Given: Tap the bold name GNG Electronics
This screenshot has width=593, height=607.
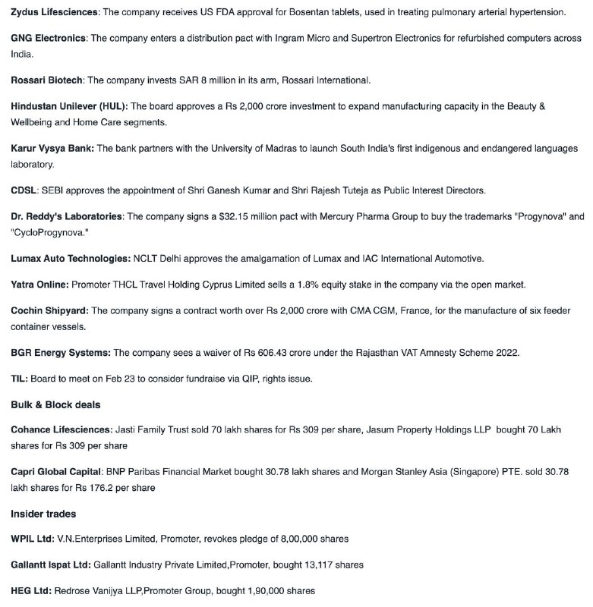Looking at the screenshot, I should click(49, 38).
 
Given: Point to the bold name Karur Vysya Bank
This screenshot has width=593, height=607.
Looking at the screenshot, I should click(52, 148).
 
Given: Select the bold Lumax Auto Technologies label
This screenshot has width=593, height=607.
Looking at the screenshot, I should click(70, 258).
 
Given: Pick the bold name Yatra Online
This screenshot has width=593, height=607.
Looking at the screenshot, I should click(39, 285).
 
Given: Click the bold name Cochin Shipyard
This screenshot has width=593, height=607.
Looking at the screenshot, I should click(49, 311).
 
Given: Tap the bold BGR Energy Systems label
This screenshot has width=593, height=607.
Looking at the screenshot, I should click(61, 353).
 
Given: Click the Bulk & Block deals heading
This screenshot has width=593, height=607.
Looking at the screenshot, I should click(55, 404).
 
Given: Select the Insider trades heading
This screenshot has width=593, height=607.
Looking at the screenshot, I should click(43, 514).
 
